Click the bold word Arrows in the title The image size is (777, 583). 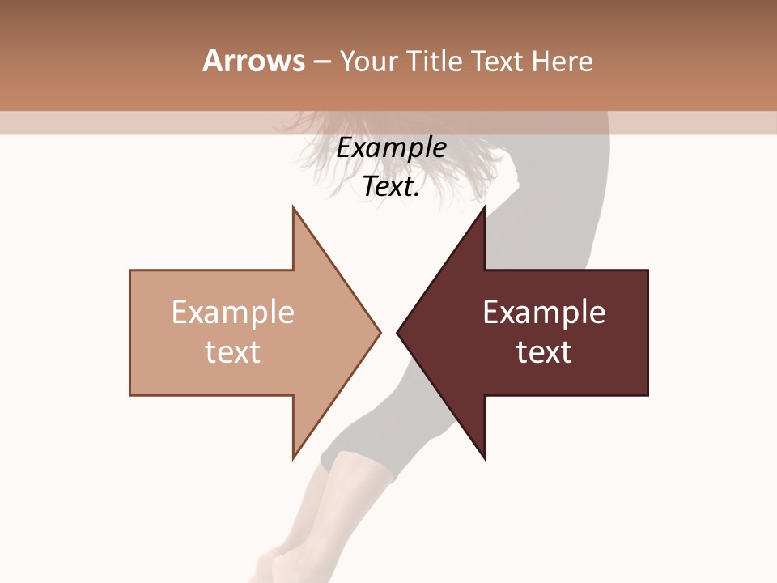[253, 61]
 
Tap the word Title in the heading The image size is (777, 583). [435, 62]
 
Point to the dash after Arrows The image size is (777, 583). [322, 62]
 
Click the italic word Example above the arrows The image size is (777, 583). [392, 148]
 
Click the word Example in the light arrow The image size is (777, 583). [233, 313]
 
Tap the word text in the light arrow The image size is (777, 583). [233, 352]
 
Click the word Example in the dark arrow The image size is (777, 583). [544, 313]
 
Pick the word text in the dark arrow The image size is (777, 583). [544, 352]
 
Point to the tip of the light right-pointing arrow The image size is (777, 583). [379, 332]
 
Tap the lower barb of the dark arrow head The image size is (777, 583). [483, 456]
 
